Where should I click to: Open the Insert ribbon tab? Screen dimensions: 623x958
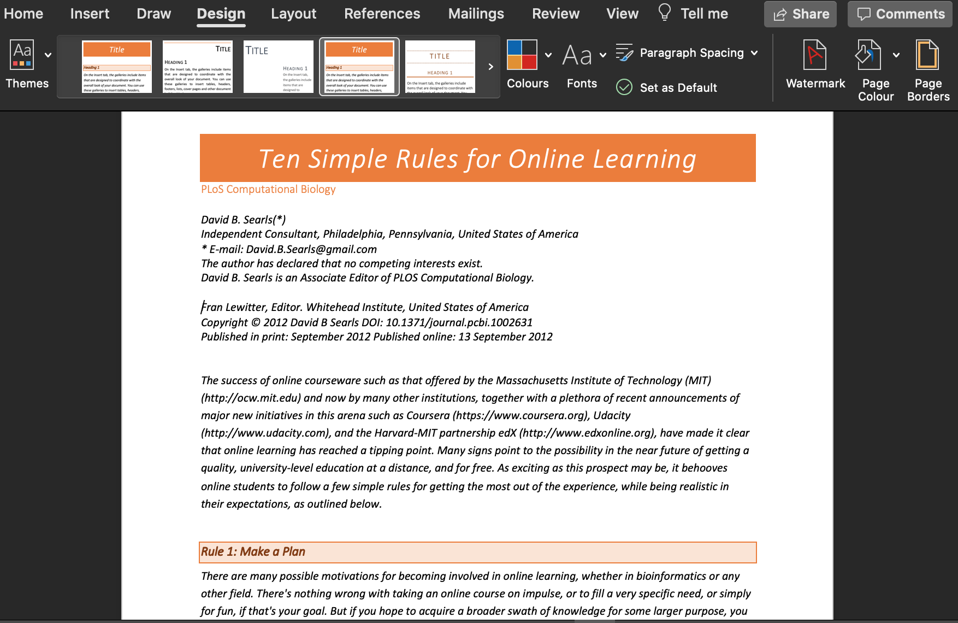click(x=90, y=14)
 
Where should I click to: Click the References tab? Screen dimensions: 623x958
click(x=382, y=14)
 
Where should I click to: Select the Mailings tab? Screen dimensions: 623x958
click(x=476, y=14)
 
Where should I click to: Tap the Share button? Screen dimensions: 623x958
click(x=800, y=14)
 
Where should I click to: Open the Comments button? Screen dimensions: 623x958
click(x=900, y=14)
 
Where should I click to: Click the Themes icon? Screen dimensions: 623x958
click(x=22, y=55)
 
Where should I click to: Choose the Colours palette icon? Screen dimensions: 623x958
click(x=522, y=55)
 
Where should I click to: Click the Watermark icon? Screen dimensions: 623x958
click(x=814, y=55)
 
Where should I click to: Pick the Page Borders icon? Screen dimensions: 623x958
click(x=927, y=55)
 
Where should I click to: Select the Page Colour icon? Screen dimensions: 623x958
click(x=868, y=55)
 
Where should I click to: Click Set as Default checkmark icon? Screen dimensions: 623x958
click(x=624, y=87)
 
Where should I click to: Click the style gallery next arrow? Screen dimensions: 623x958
click(x=490, y=67)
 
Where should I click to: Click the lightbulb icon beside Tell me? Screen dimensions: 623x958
click(x=664, y=12)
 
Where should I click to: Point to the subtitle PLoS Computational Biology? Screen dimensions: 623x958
click(x=268, y=189)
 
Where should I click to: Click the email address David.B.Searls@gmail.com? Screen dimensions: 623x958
click(x=311, y=249)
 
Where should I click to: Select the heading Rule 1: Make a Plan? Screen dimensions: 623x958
click(x=253, y=552)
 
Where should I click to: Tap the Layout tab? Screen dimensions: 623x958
click(x=293, y=14)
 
